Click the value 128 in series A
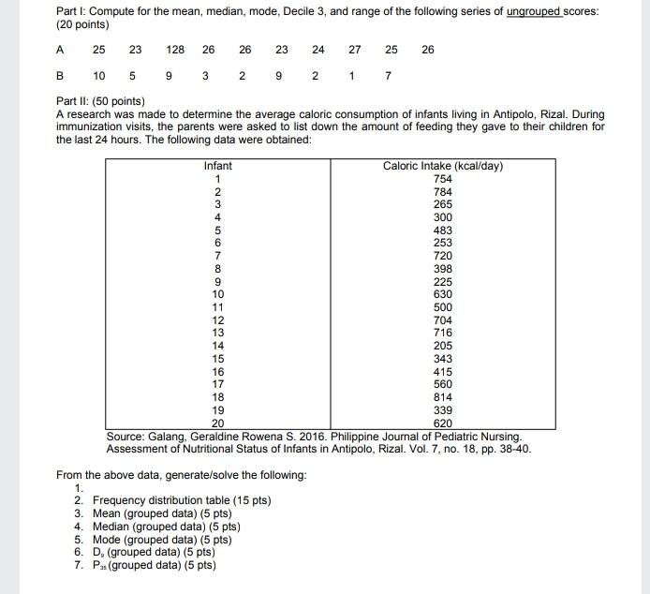(x=175, y=49)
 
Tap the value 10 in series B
(x=98, y=75)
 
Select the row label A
(x=61, y=49)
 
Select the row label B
(x=61, y=75)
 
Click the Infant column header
(x=217, y=166)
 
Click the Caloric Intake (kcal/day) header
(x=443, y=166)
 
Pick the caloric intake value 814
(x=443, y=397)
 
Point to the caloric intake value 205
(x=443, y=345)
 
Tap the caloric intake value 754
(x=443, y=179)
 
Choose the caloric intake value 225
(x=443, y=280)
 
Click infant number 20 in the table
(x=217, y=423)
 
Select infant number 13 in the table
(x=217, y=333)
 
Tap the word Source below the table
(x=128, y=437)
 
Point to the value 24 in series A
(x=318, y=49)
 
